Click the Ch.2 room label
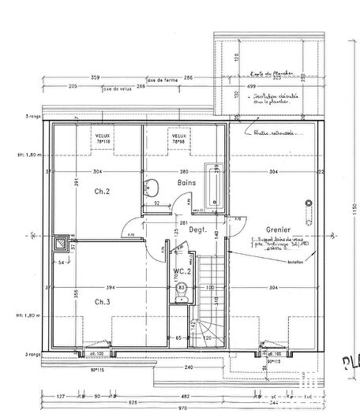[101, 192]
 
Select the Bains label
[186, 183]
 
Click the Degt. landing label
[197, 229]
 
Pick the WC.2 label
[182, 271]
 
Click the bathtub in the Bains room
[214, 186]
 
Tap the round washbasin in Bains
[152, 188]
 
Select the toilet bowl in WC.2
[181, 288]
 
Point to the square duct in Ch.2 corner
[62, 244]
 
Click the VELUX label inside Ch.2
[103, 135]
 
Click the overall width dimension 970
[183, 407]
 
